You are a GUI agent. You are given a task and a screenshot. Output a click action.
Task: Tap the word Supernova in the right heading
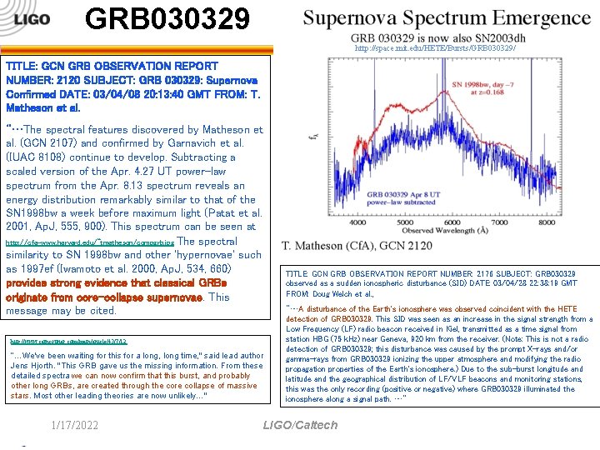359,17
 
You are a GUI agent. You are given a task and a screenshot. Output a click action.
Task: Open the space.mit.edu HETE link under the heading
435,49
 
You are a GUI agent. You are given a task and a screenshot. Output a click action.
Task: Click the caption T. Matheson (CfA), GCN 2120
357,245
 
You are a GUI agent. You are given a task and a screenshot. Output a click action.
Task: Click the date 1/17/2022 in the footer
74,425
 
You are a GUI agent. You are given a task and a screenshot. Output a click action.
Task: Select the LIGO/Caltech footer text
300,425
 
